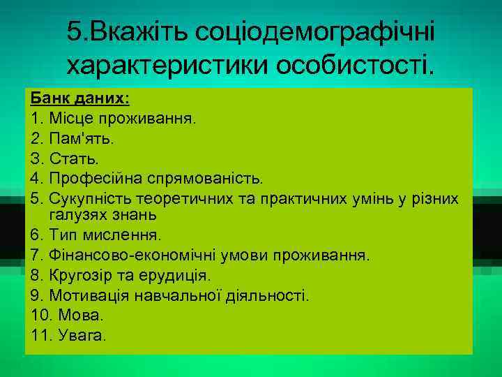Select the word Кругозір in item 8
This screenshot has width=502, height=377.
coord(79,275)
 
